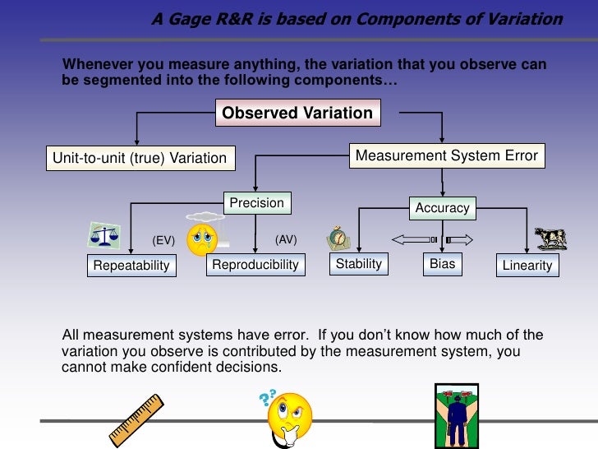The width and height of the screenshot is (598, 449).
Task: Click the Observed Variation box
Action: point(297,113)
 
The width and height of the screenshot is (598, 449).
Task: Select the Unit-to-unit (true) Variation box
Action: point(139,157)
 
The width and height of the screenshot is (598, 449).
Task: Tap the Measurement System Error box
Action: point(446,155)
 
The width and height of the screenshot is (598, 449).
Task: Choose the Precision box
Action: point(256,203)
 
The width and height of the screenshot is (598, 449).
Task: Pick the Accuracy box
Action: point(442,208)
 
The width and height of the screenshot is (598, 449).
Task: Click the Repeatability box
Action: point(131,265)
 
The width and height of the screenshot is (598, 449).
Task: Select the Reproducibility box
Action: point(255,264)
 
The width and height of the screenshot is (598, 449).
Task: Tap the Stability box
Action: point(359,264)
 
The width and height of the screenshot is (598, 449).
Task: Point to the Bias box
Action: point(442,264)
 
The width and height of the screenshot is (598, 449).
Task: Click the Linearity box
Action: point(527,265)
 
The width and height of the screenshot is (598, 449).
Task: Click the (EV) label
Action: point(164,241)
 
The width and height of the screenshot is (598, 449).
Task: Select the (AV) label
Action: point(285,239)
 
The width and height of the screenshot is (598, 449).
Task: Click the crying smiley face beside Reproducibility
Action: point(202,238)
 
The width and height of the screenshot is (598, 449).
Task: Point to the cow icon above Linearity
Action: point(550,238)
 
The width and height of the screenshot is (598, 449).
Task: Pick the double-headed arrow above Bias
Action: point(432,240)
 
